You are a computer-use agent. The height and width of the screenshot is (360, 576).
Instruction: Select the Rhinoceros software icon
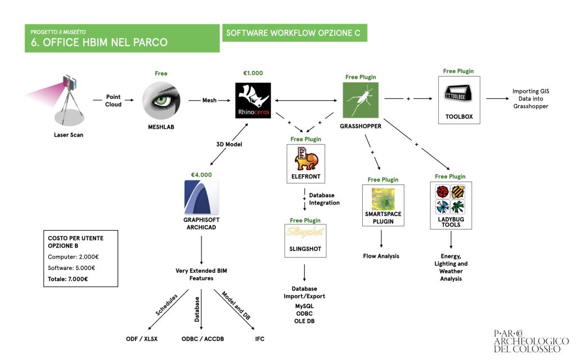tap(253, 100)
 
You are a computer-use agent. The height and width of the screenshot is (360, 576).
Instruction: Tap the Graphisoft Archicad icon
tap(201, 197)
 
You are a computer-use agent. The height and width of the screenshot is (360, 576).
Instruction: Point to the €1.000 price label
tap(253, 73)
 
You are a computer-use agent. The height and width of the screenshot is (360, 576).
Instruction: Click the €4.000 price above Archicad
tap(201, 175)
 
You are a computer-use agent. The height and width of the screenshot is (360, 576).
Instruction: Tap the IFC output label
tap(259, 339)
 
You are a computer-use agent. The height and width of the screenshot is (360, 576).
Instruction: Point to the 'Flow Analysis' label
tap(381, 256)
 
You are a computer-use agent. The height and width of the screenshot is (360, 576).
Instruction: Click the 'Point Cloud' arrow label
tap(113, 101)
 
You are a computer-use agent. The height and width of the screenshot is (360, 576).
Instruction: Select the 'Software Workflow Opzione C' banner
tap(294, 33)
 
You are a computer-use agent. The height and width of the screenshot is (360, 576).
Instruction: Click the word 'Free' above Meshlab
tap(161, 74)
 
